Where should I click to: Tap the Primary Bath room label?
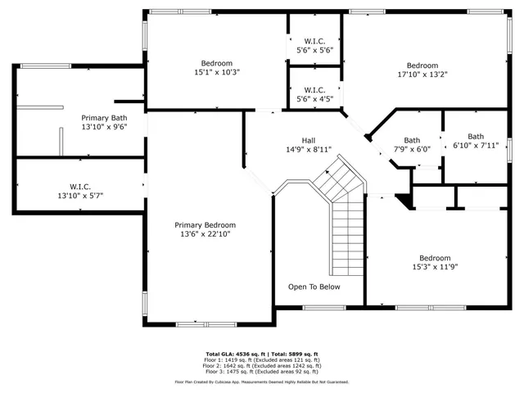(103, 118)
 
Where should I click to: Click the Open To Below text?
(314, 287)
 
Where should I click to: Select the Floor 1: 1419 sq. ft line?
(262, 360)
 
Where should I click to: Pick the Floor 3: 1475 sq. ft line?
(262, 371)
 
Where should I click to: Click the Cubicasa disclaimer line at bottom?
(262, 382)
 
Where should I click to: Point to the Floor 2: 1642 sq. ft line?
(262, 365)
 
